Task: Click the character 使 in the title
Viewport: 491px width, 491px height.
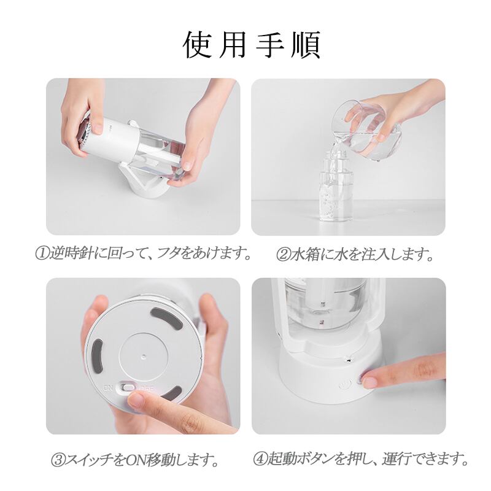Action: pos(196,44)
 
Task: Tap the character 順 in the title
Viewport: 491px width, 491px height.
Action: pos(306,44)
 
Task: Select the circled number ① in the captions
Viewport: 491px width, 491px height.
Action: pos(42,253)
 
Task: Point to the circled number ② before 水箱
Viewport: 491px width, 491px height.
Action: pos(283,255)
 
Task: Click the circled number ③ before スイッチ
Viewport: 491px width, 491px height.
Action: pos(58,459)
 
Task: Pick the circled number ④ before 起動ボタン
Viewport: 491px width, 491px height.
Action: pos(260,458)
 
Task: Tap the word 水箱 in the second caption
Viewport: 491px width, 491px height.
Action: pos(303,255)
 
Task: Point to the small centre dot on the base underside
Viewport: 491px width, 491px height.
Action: pos(144,356)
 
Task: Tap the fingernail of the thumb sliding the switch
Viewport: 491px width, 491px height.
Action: pos(137,400)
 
